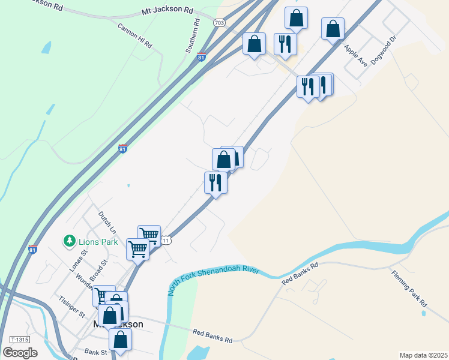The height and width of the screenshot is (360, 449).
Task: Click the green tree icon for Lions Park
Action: (x=70, y=241)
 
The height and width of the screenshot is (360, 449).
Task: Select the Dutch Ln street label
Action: (x=106, y=223)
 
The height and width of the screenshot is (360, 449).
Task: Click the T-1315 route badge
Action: (x=20, y=340)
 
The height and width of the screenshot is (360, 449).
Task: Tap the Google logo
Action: (x=20, y=352)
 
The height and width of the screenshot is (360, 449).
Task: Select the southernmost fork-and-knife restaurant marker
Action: (x=215, y=182)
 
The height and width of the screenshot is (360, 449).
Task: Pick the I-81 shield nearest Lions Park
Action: (x=32, y=250)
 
